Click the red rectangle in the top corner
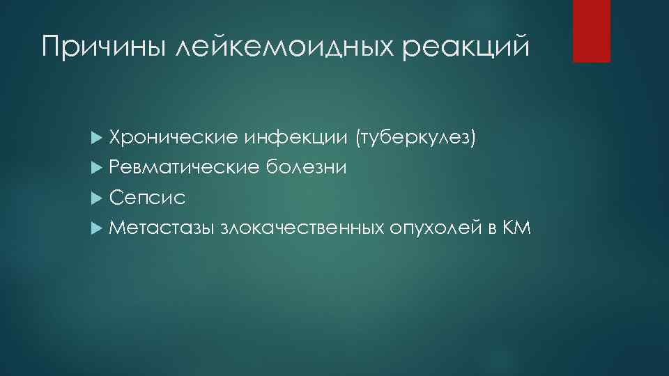click(591, 31)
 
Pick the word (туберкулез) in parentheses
click(416, 138)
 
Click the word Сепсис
click(148, 198)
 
